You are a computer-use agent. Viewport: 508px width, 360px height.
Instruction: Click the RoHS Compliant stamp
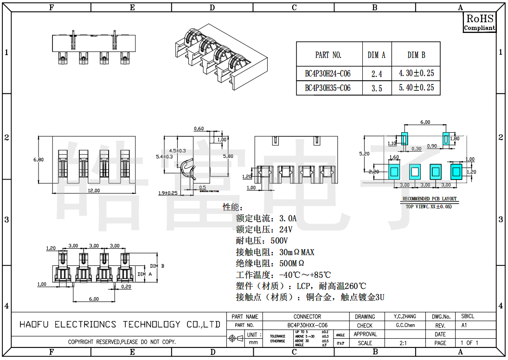[x=480, y=22]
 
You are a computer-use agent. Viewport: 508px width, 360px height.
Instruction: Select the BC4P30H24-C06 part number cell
[x=328, y=74]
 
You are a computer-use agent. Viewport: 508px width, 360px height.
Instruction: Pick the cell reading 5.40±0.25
[x=416, y=88]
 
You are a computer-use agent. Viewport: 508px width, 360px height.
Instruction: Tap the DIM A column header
[x=376, y=55]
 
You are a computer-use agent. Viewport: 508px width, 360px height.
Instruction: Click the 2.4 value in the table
[x=377, y=74]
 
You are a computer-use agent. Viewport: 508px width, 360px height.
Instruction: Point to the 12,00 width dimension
[x=94, y=191]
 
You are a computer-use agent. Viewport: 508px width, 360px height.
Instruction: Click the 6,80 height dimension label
[x=39, y=160]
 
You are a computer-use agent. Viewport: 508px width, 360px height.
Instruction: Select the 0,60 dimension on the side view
[x=199, y=129]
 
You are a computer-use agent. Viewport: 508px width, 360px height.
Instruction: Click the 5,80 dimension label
[x=228, y=156]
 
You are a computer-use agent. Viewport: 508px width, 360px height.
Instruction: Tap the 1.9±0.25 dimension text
[x=168, y=193]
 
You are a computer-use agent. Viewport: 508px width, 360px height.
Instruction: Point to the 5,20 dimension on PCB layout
[x=364, y=153]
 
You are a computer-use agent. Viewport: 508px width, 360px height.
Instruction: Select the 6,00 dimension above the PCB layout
[x=425, y=122]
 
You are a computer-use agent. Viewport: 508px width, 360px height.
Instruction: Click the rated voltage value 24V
[x=285, y=230]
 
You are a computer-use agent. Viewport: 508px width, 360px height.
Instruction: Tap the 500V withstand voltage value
[x=279, y=241]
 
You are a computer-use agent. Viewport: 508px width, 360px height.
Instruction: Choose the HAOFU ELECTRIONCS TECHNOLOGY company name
[x=120, y=324]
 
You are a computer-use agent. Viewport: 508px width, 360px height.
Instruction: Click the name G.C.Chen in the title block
[x=405, y=325]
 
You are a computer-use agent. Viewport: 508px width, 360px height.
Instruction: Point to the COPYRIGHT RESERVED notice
[x=122, y=342]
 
